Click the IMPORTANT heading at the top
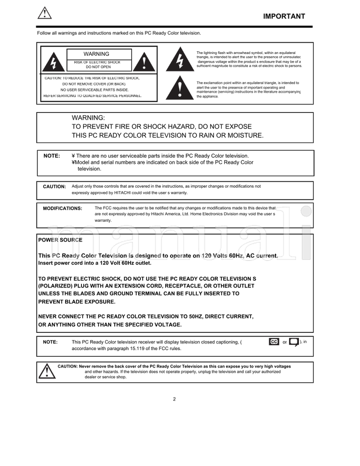284,17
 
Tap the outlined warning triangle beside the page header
45,13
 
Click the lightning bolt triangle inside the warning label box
53,63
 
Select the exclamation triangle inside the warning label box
144,62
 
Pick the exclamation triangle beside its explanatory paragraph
180,89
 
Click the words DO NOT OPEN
98,67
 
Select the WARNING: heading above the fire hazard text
88,117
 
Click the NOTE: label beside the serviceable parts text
51,156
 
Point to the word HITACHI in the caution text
127,193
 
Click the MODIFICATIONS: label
63,208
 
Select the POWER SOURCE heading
60,240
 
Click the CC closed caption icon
274,342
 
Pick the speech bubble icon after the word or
293,342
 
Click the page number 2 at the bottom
175,399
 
